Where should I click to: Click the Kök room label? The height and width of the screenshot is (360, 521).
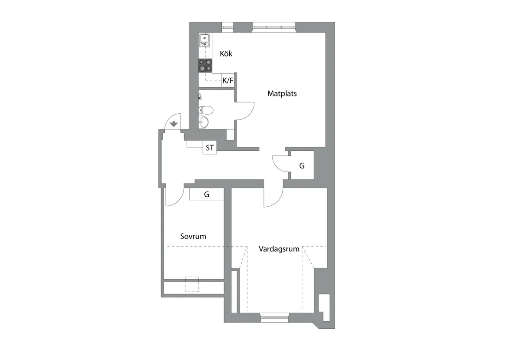[x=226, y=54]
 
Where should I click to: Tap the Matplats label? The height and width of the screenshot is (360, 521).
[x=282, y=93]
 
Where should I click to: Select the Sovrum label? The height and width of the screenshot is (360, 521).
[x=193, y=236]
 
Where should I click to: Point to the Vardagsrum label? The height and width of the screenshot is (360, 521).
[x=279, y=249]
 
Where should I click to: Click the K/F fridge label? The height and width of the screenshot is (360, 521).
[x=228, y=80]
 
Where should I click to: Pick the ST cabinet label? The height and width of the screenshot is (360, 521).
[x=210, y=148]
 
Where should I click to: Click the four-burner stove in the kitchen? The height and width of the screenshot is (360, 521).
[x=205, y=66]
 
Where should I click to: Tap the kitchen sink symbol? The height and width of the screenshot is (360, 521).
[x=204, y=40]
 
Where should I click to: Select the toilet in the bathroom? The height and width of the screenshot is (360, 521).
[x=206, y=110]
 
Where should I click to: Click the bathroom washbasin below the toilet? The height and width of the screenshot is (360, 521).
[x=204, y=122]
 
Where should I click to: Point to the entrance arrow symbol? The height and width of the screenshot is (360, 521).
[x=174, y=124]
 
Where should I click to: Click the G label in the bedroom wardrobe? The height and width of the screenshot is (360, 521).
[x=207, y=194]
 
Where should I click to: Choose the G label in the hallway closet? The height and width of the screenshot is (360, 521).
[x=302, y=166]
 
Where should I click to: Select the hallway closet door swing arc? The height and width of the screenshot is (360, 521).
[x=277, y=168]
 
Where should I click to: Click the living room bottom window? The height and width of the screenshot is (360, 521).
[x=274, y=317]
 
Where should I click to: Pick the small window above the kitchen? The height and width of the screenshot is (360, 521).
[x=227, y=27]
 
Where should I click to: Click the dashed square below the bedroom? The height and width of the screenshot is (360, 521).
[x=192, y=284]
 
